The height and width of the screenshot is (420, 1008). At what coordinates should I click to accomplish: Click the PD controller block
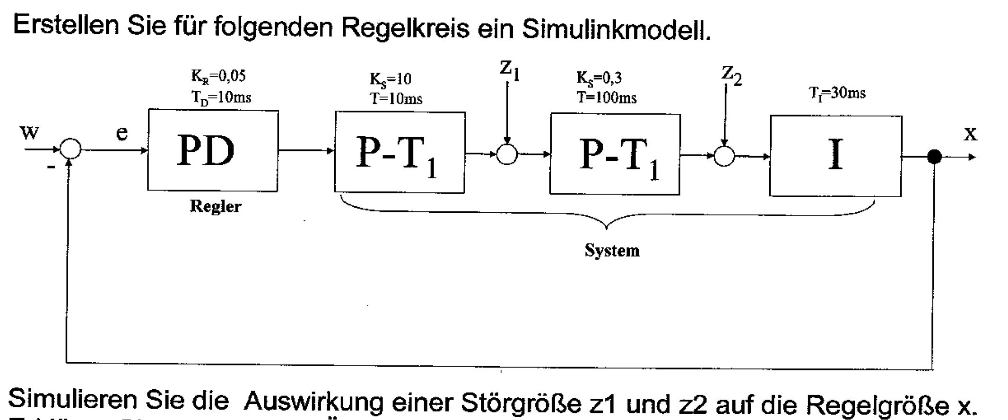(213, 150)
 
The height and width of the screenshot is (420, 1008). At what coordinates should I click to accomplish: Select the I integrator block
(836, 156)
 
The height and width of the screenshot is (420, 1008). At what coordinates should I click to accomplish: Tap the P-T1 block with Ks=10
(400, 152)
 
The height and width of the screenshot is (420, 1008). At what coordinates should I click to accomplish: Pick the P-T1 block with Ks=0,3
(615, 154)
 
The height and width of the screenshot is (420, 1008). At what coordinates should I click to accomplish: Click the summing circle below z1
(507, 154)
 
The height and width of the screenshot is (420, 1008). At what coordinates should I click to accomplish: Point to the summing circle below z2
(724, 156)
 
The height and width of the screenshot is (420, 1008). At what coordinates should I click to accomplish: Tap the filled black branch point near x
(934, 157)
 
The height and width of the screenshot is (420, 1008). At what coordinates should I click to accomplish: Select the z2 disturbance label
(731, 75)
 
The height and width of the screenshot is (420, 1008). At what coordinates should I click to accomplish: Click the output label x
(970, 134)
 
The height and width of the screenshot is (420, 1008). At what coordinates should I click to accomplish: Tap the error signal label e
(122, 133)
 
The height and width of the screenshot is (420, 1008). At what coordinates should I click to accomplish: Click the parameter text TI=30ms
(837, 93)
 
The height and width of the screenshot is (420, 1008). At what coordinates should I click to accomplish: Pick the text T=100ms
(607, 97)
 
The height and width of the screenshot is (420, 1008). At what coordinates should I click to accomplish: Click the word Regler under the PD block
(216, 206)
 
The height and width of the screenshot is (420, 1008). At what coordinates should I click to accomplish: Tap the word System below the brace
(612, 250)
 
